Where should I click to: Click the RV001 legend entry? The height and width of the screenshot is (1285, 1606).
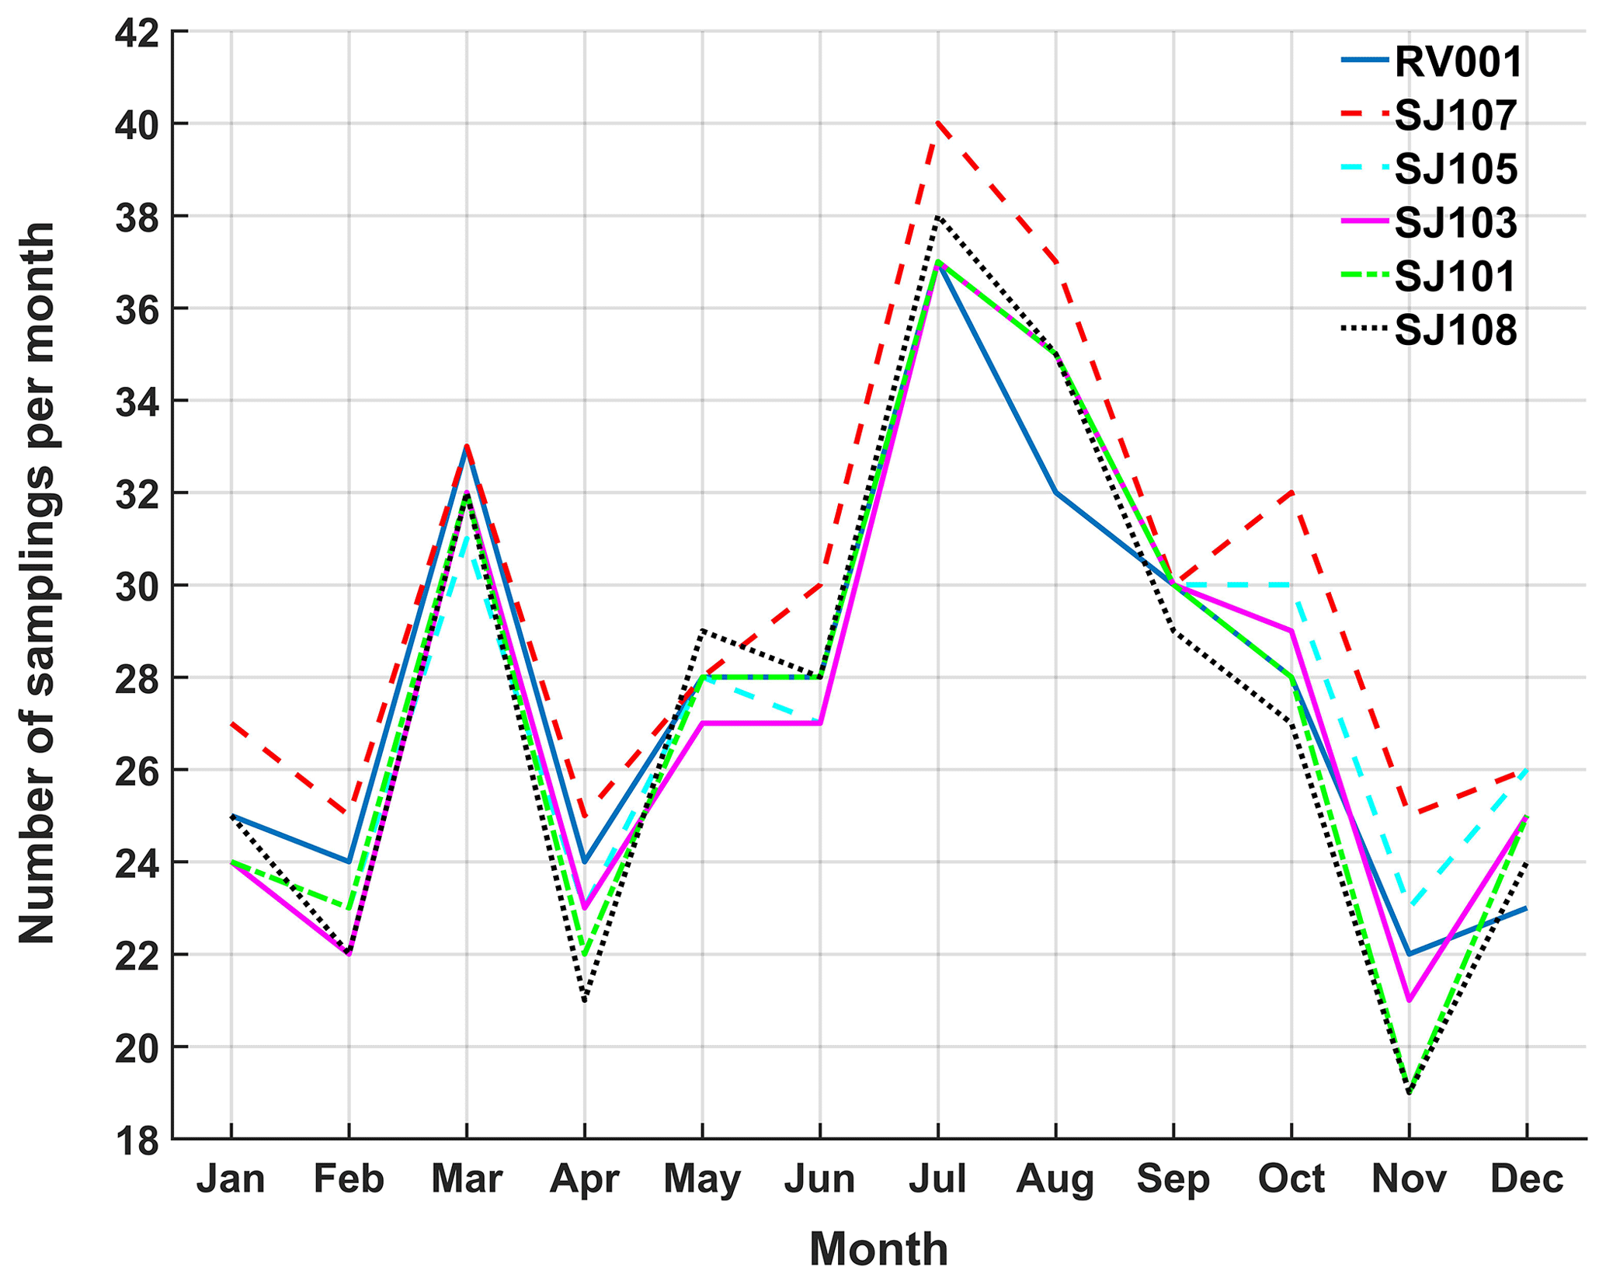point(1458,62)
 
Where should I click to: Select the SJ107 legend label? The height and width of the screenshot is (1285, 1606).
point(1455,116)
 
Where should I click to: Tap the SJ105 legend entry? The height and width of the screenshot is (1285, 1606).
point(1455,169)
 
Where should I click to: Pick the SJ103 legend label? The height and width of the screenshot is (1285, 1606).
point(1455,224)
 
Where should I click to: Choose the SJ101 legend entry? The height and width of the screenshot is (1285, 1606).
point(1455,277)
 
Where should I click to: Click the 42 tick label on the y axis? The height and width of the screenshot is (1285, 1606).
point(136,33)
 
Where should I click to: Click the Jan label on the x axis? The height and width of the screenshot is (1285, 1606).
point(231,1180)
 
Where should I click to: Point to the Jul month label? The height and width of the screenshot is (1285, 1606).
point(937,1180)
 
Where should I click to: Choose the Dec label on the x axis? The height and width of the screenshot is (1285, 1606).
point(1526,1180)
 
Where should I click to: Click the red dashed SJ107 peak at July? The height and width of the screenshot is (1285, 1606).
point(938,123)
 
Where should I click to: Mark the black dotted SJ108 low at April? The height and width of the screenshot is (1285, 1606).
point(584,1001)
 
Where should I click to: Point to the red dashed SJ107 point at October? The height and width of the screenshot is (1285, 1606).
point(1291,493)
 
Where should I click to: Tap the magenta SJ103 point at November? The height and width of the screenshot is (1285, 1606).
point(1409,1001)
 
